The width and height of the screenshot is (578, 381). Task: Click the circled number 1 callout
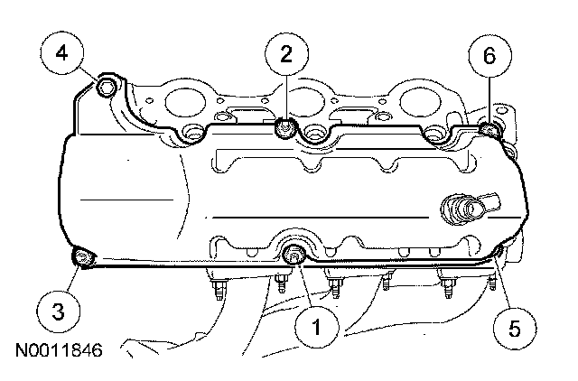[x=317, y=327]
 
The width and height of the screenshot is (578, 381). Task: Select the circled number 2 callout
[x=287, y=54]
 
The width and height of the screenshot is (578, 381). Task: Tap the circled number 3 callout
[x=58, y=311]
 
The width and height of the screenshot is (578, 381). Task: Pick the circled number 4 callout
[x=61, y=53]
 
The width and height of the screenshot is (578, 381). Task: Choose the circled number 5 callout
[x=515, y=328]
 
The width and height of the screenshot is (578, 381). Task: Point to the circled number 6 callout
[x=489, y=56]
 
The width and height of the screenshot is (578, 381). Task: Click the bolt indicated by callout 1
[x=294, y=255]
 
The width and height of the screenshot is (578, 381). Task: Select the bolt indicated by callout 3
[x=82, y=257]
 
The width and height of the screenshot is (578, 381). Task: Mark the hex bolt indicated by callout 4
[x=107, y=87]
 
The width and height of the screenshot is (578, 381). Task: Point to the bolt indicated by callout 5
[x=499, y=251]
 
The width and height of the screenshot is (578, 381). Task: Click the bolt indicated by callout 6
[x=489, y=130]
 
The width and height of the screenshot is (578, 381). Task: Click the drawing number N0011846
[x=59, y=350]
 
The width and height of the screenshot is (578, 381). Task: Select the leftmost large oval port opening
[x=185, y=102]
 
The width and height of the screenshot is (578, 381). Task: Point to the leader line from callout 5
[x=504, y=282]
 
